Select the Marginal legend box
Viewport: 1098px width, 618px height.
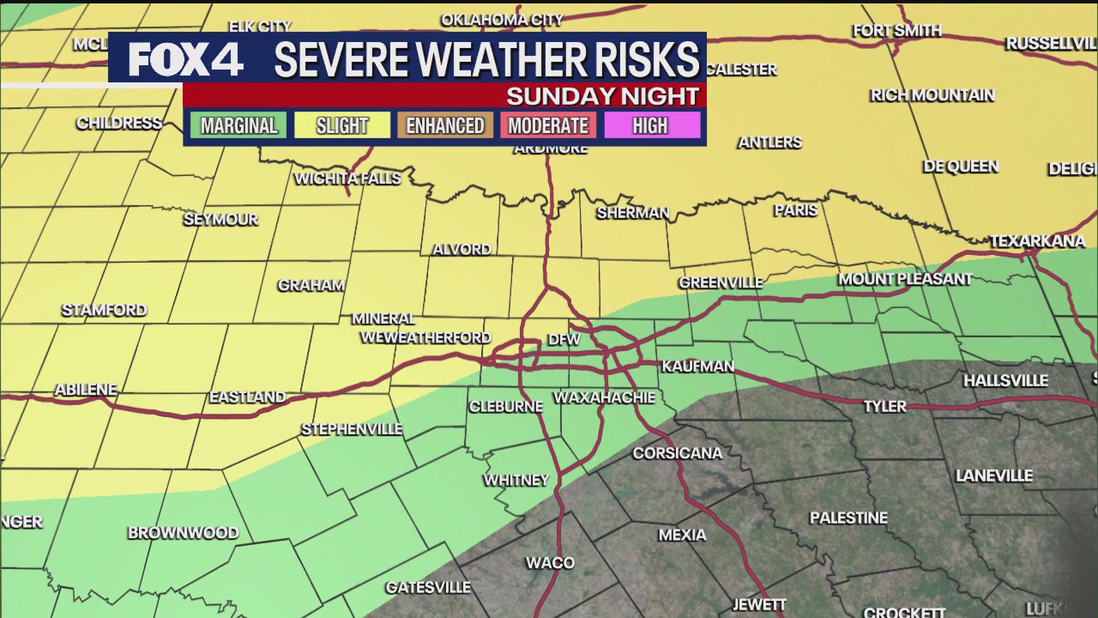pos(238,125)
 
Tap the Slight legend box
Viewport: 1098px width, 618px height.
pos(341,125)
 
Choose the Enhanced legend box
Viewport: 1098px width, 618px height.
pos(444,125)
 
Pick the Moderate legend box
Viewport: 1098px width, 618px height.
pos(548,125)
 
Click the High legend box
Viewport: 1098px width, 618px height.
pos(650,125)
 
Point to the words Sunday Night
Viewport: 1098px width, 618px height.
pos(602,95)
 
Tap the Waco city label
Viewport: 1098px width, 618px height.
pos(550,563)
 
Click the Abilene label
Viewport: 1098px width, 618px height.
pos(86,390)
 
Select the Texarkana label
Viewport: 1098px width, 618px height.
pos(1037,241)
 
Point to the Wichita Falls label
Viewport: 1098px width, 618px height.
pos(347,179)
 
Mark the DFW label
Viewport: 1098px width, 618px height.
pos(564,340)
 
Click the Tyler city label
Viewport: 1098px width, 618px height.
pos(884,407)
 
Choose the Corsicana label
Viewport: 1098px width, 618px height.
pos(678,453)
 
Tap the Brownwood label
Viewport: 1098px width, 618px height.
pos(183,533)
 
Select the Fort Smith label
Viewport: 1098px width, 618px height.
pos(897,31)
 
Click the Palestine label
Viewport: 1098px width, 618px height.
pos(848,518)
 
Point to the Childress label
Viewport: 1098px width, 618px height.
pos(119,123)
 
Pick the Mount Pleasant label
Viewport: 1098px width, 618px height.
pos(905,279)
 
